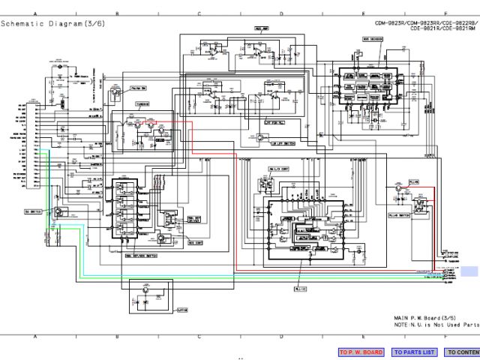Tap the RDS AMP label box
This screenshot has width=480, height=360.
pos(262,29)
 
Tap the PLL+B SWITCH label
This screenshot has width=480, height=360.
pos(418,214)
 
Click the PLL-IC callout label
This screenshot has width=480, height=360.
pos(301,287)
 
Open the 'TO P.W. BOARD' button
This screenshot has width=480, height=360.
pos(361,352)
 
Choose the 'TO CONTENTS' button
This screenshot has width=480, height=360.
pos(462,352)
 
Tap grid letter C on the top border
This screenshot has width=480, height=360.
pos(199,13)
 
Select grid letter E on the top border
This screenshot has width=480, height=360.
pos(364,13)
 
